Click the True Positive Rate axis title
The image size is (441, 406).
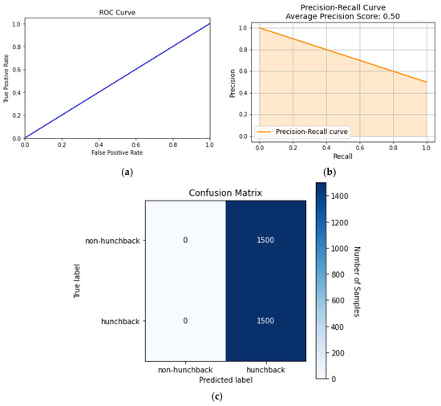6,81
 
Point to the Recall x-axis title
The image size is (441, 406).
343,156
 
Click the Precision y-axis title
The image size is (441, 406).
233,81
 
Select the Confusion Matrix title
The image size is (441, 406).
225,193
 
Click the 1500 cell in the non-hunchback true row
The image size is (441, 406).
265,241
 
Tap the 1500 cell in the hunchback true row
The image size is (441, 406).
265,321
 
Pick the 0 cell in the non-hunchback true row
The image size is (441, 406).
184,241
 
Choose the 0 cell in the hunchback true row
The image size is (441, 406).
184,321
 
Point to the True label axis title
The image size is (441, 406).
79,281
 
